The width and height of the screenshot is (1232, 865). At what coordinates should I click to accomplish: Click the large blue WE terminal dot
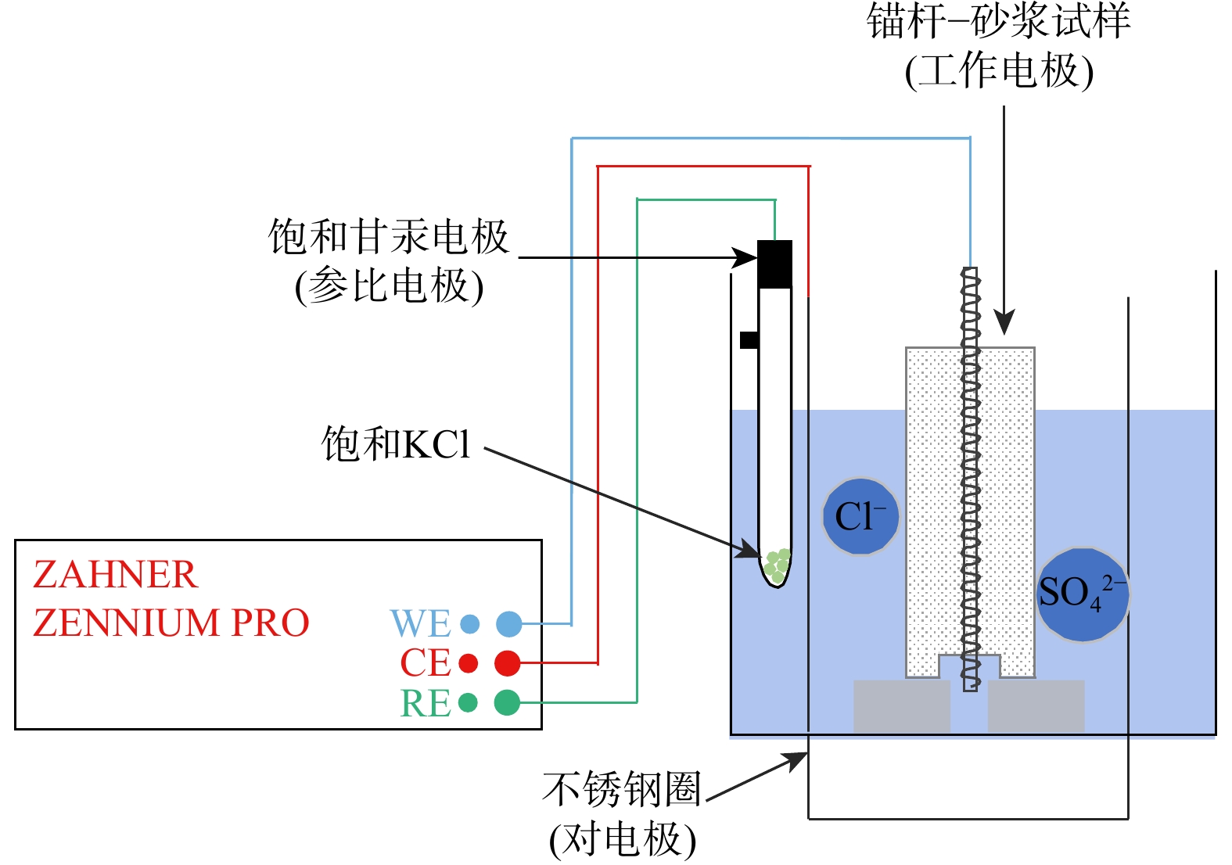[x=508, y=624]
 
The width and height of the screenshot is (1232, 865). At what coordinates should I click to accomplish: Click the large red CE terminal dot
[x=508, y=663]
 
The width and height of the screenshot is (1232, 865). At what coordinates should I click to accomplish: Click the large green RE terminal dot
[x=507, y=702]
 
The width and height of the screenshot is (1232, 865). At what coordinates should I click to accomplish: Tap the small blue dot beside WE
[x=469, y=624]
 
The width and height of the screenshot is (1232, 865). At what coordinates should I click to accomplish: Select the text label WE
[x=421, y=624]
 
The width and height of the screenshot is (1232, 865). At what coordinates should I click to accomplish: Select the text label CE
[x=426, y=663]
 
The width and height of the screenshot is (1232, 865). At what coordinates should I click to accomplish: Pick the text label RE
[x=426, y=703]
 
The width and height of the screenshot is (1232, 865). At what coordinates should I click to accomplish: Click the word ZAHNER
[x=115, y=575]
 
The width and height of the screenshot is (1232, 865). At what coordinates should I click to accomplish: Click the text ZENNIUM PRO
[x=171, y=623]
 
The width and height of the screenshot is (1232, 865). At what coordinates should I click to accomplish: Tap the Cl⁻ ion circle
[x=860, y=517]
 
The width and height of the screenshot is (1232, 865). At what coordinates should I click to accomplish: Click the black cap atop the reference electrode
[x=774, y=264]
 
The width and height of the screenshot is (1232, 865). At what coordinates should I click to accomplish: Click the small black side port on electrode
[x=749, y=340]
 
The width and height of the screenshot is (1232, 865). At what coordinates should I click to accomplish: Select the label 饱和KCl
[x=396, y=444]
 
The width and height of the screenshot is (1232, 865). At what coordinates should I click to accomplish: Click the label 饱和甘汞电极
[x=389, y=236]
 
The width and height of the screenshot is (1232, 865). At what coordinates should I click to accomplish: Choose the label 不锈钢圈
[x=622, y=789]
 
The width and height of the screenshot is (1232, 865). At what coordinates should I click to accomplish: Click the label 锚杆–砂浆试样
[x=998, y=21]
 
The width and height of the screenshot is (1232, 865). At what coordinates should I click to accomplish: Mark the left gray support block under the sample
[x=901, y=706]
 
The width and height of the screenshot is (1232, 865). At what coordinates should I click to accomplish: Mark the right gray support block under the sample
[x=1036, y=706]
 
